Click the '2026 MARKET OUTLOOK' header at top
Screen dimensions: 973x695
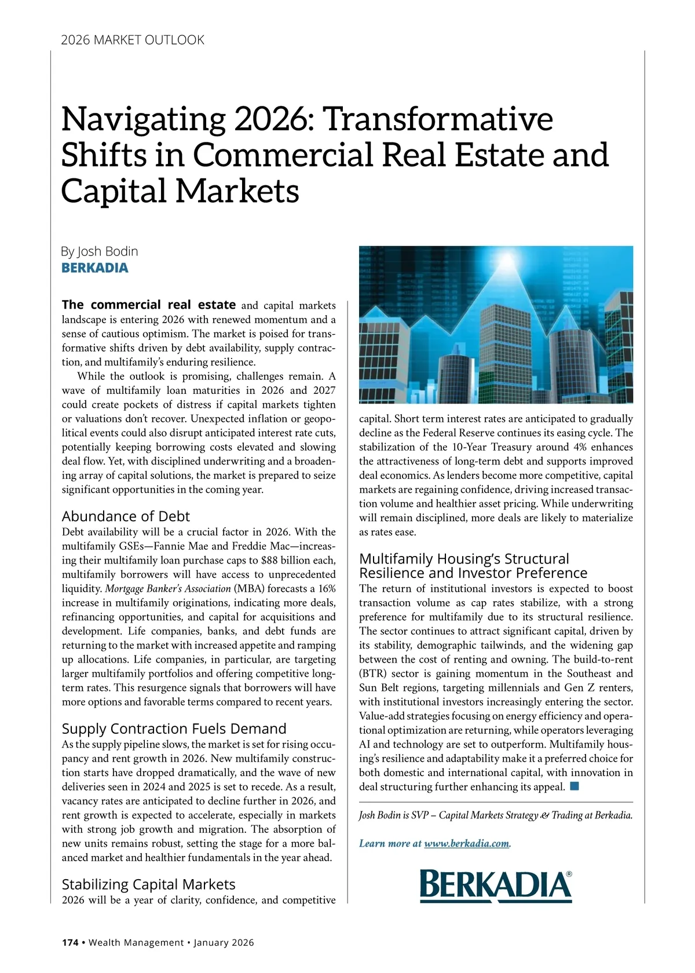[133, 40]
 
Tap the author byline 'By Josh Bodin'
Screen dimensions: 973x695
[100, 251]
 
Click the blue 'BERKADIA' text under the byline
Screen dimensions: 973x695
[95, 268]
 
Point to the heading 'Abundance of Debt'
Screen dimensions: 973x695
[126, 516]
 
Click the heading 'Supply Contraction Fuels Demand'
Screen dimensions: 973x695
[174, 729]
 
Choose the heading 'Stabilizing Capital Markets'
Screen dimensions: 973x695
[148, 884]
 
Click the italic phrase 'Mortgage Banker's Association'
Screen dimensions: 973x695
[168, 589]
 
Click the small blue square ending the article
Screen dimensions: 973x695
[575, 786]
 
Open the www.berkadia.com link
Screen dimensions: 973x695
[467, 843]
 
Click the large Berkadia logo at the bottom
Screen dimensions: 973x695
[495, 886]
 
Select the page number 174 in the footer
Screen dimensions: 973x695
[70, 943]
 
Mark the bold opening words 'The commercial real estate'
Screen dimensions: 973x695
[149, 305]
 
